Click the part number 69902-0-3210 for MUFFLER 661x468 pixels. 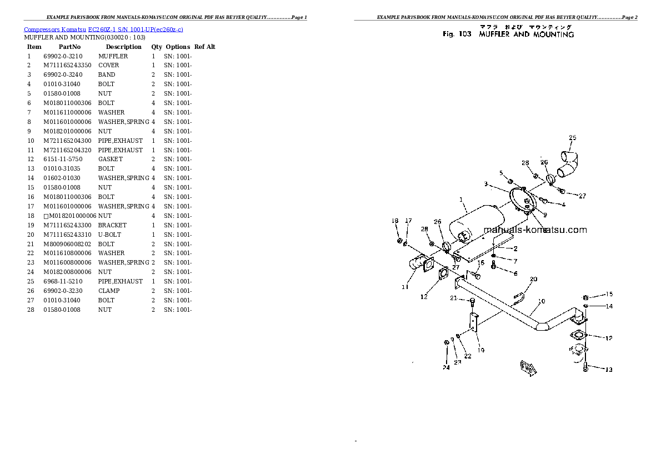62,56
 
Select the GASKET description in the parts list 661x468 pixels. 110,159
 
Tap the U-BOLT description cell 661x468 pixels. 109,235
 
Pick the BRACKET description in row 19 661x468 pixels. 112,225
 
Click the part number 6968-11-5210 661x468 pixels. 62,281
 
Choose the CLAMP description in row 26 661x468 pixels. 109,291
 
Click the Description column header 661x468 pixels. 123,47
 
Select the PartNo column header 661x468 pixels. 69,47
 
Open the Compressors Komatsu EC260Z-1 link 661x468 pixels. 104,29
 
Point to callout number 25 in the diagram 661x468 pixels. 573,137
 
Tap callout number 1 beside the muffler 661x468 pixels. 460,200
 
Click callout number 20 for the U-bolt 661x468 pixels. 533,279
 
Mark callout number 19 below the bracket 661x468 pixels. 480,350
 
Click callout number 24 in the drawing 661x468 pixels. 445,367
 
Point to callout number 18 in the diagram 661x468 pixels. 395,221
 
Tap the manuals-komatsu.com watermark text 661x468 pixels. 534,230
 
